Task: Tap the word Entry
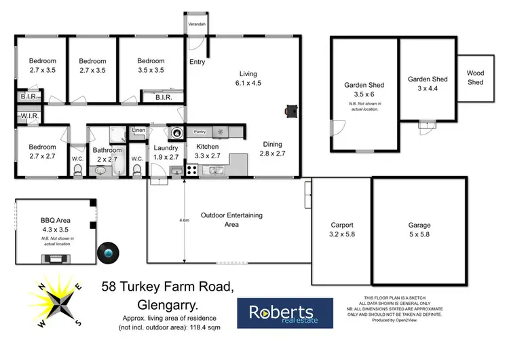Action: [x=197, y=62]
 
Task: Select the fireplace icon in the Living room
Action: [x=291, y=111]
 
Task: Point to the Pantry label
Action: [x=200, y=132]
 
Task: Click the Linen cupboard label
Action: [x=138, y=130]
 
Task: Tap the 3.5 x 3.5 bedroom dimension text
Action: [x=151, y=70]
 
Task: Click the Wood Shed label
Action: [x=475, y=78]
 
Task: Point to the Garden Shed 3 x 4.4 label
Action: [x=428, y=83]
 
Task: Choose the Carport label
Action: [x=341, y=230]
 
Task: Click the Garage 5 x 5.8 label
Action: [x=419, y=230]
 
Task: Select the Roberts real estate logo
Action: [x=285, y=314]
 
